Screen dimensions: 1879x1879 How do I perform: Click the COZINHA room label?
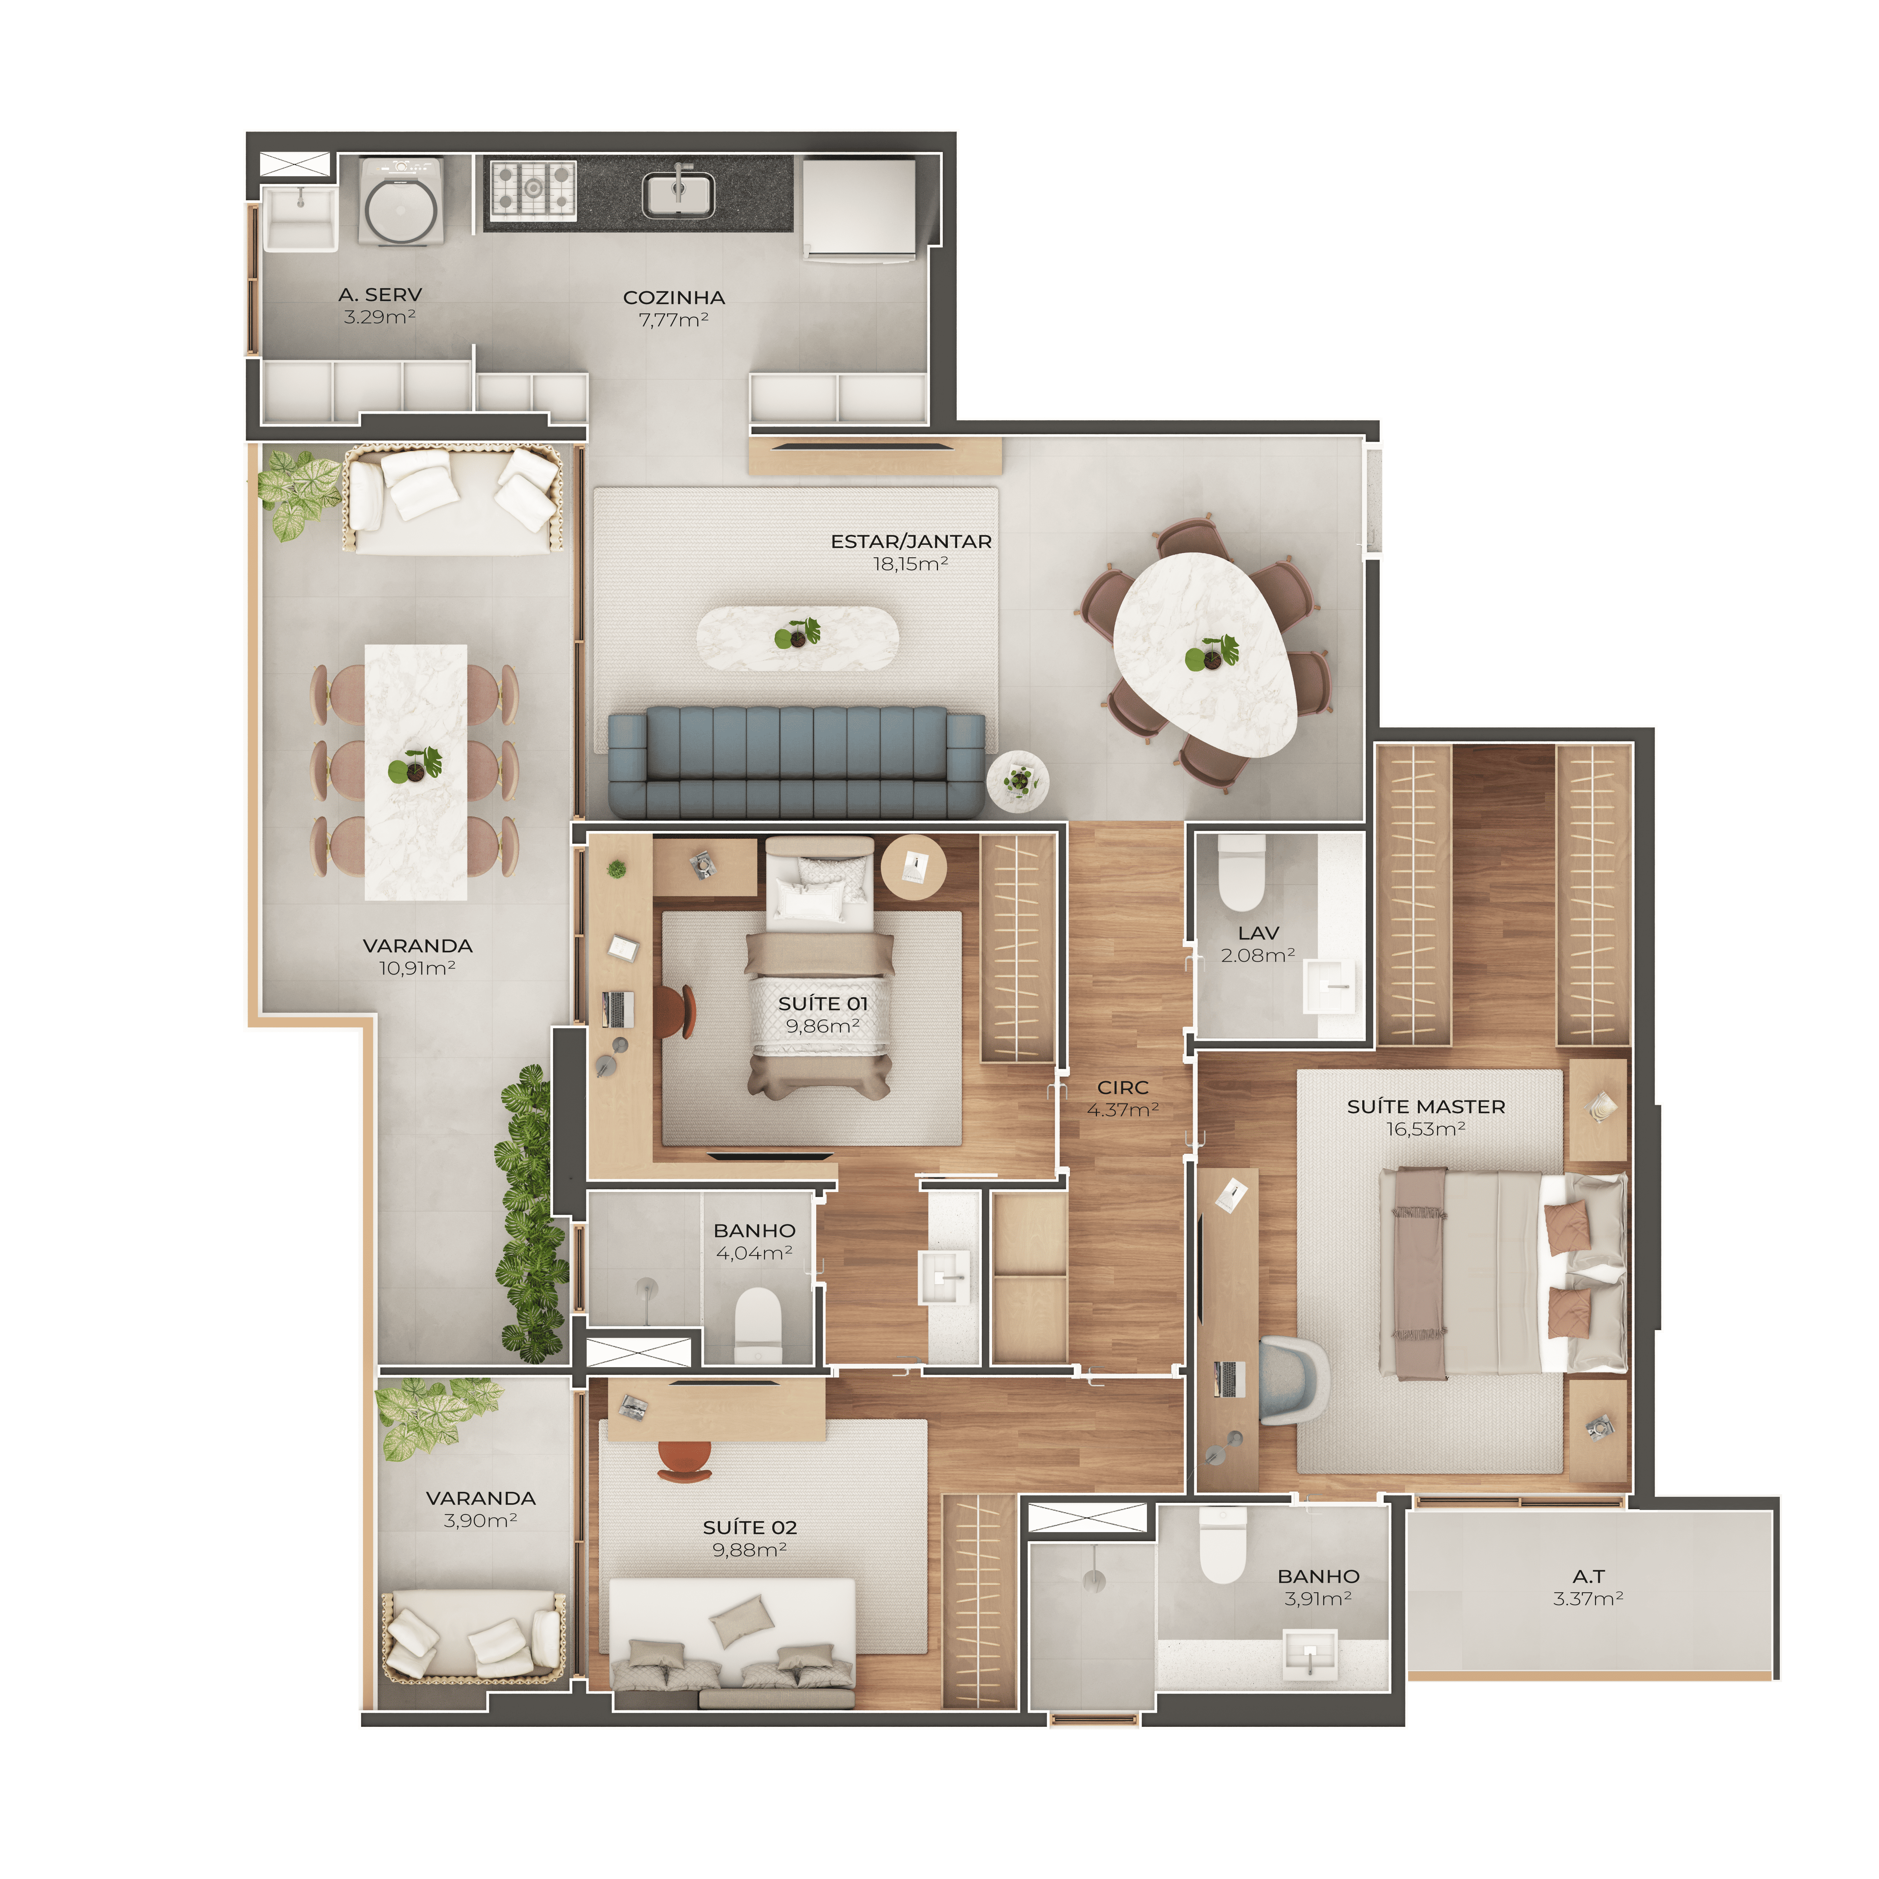pyautogui.click(x=674, y=298)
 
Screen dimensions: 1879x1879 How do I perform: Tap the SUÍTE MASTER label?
pyautogui.click(x=1426, y=1107)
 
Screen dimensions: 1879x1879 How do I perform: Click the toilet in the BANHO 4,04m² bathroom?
pyautogui.click(x=758, y=1325)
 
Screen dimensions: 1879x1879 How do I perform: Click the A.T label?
pyautogui.click(x=1588, y=1576)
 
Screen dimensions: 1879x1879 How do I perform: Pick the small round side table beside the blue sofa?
pyautogui.click(x=1017, y=780)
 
